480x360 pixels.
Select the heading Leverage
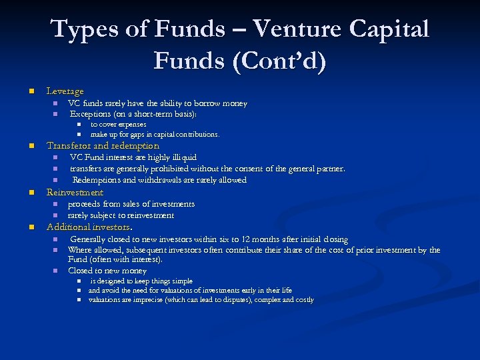click(x=65, y=91)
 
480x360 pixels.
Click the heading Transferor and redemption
click(x=103, y=145)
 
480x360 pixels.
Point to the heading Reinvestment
click(x=75, y=192)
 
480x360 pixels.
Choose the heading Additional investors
click(x=89, y=227)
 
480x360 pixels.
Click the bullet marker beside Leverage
click(x=30, y=91)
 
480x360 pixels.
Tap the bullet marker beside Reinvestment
click(x=30, y=193)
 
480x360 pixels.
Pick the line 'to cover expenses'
click(x=118, y=124)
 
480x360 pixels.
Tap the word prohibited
click(x=167, y=169)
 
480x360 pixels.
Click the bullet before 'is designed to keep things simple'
click(x=78, y=281)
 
